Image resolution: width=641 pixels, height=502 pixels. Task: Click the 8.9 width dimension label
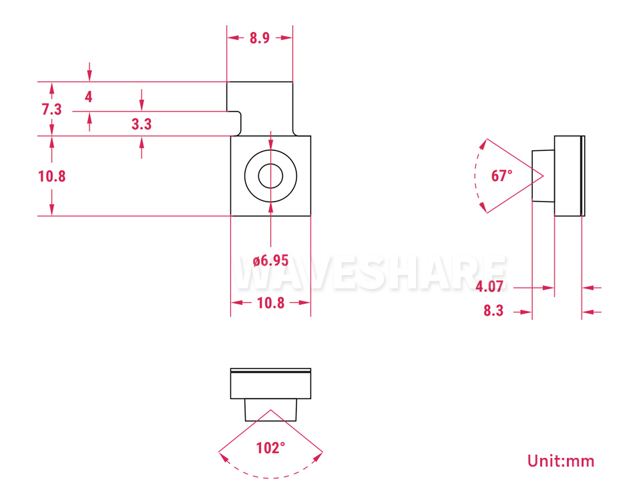click(x=260, y=38)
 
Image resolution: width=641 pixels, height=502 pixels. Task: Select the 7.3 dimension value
click(x=51, y=109)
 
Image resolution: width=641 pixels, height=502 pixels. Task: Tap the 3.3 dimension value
click(x=142, y=124)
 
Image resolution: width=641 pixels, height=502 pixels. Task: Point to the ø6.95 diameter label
click(x=270, y=260)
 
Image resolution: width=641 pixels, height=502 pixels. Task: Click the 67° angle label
click(x=501, y=176)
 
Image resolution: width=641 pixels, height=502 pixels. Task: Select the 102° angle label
click(x=270, y=448)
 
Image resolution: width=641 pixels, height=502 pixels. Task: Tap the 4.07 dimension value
click(x=489, y=286)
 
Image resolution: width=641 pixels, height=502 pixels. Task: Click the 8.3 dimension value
click(x=493, y=310)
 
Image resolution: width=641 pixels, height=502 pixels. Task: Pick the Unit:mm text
click(x=561, y=461)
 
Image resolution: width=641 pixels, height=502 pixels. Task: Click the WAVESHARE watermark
click(x=370, y=272)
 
